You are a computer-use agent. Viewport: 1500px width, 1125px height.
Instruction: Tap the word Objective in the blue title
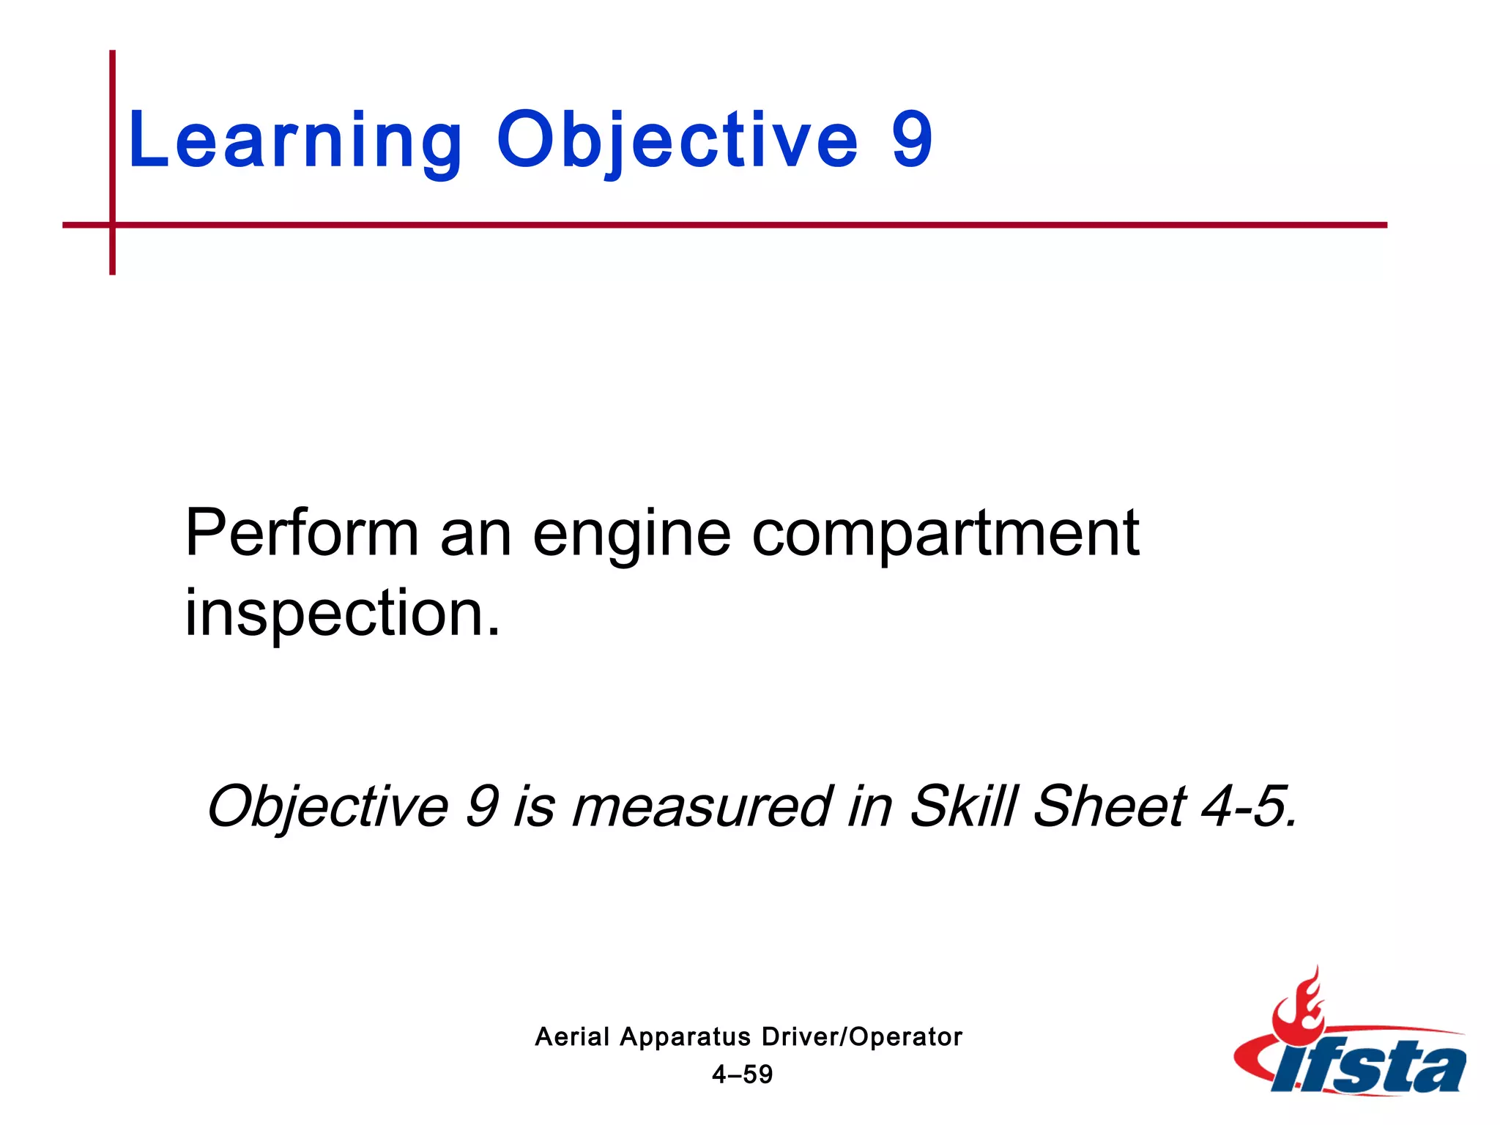pos(677,141)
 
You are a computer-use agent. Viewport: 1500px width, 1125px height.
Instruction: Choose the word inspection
pos(342,614)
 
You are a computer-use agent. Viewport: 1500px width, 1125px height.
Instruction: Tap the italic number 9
pos(482,806)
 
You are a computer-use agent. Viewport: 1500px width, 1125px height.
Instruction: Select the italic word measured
pos(702,806)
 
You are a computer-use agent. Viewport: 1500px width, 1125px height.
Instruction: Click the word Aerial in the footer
pos(572,1036)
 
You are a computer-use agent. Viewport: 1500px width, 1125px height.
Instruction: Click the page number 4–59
pos(742,1074)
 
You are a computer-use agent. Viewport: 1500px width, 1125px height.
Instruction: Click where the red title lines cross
pos(112,225)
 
